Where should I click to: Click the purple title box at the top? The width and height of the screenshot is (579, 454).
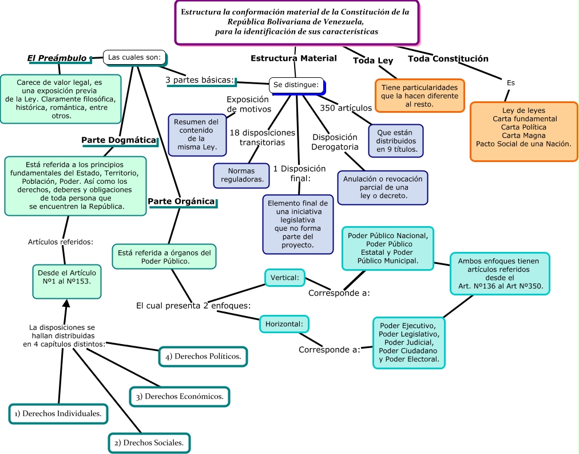pyautogui.click(x=296, y=22)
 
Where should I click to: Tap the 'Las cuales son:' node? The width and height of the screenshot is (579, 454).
pyautogui.click(x=135, y=57)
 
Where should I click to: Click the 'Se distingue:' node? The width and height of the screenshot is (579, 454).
pyautogui.click(x=296, y=85)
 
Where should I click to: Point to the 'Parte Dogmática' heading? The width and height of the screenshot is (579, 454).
pyautogui.click(x=118, y=140)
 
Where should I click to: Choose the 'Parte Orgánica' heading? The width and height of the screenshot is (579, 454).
pyautogui.click(x=181, y=202)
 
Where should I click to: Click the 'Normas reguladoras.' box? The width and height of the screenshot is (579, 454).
pyautogui.click(x=241, y=175)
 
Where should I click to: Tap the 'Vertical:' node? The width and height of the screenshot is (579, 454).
pyautogui.click(x=285, y=278)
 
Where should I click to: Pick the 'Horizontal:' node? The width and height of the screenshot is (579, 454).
pyautogui.click(x=284, y=324)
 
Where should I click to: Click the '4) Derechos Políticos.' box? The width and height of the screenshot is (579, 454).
pyautogui.click(x=203, y=356)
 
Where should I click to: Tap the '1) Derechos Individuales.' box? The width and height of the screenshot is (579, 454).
pyautogui.click(x=58, y=413)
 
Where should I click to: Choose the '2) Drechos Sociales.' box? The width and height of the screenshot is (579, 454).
pyautogui.click(x=149, y=443)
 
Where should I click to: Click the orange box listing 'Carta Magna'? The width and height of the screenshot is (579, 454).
pyautogui.click(x=524, y=132)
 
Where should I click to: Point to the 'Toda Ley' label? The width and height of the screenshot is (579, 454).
pyautogui.click(x=372, y=61)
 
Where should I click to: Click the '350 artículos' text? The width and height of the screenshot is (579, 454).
pyautogui.click(x=346, y=108)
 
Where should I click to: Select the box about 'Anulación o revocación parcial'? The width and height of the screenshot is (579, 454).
pyautogui.click(x=382, y=187)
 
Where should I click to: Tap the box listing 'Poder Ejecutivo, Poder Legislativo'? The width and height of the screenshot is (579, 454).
pyautogui.click(x=409, y=343)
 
